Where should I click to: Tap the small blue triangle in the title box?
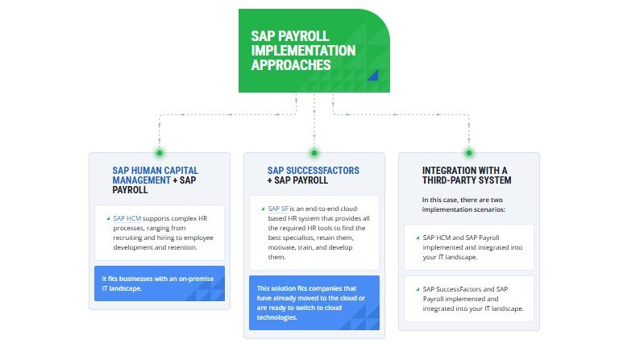coord(372,76)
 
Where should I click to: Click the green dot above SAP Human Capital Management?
coord(160,152)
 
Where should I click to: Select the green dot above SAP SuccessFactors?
coord(314,152)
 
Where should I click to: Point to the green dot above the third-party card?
coord(468,152)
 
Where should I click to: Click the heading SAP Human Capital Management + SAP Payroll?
coord(155,180)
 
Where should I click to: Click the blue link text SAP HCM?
coord(127,218)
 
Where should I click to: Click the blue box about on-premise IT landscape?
coord(160,283)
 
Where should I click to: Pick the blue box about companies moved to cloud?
coord(314,303)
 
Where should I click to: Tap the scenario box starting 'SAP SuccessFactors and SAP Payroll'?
coord(468,298)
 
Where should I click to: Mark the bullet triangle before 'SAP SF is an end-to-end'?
coord(262,209)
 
